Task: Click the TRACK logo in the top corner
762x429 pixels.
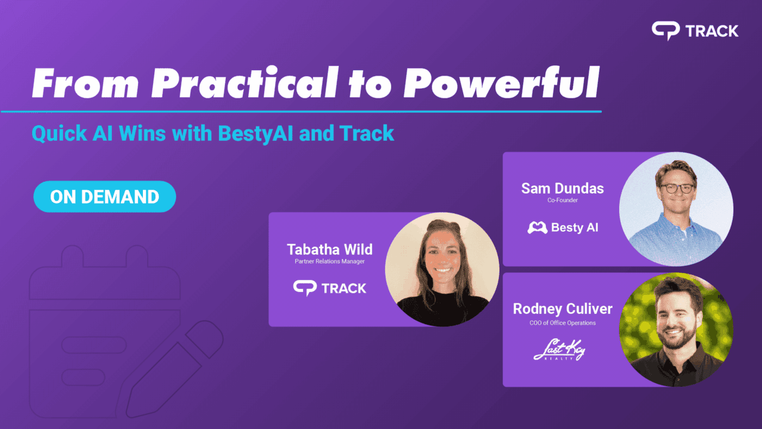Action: click(695, 31)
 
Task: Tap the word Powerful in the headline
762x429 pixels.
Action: click(501, 84)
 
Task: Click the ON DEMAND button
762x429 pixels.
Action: click(105, 197)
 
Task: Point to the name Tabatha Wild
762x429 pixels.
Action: click(329, 248)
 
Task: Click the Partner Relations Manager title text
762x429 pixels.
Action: click(329, 262)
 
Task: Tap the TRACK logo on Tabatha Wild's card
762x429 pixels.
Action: click(329, 288)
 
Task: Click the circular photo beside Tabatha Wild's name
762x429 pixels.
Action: click(442, 269)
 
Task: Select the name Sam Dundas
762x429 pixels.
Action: click(562, 189)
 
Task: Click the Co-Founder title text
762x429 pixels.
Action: click(562, 201)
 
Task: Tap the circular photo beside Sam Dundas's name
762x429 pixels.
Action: click(676, 209)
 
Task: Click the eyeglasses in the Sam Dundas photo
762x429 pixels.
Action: click(676, 187)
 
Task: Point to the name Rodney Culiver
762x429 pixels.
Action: click(562, 309)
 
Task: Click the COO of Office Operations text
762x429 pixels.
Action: click(562, 323)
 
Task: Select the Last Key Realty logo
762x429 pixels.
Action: click(559, 350)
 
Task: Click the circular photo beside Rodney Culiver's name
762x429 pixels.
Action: click(676, 329)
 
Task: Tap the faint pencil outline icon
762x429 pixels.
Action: click(173, 369)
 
